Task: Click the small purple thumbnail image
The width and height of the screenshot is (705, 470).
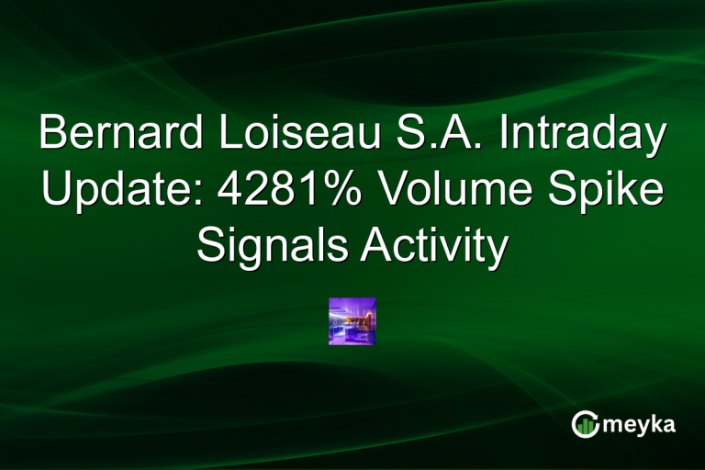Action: point(352,321)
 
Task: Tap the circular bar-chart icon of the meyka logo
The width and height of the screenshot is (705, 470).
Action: point(585,424)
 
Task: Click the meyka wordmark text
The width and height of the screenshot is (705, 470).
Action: point(637,425)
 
